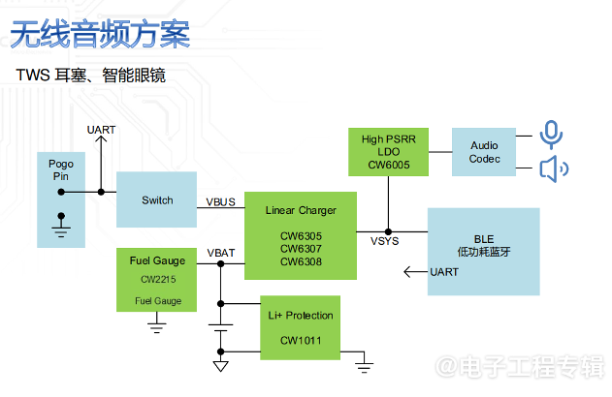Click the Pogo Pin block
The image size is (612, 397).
[61, 174]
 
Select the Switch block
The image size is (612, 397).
[156, 200]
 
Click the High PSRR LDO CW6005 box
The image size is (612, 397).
[388, 152]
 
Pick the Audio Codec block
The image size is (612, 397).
[484, 152]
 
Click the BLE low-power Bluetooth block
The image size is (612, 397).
[483, 250]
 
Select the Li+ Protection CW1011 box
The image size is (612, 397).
[300, 327]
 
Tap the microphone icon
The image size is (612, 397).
[551, 134]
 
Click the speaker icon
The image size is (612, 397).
[554, 170]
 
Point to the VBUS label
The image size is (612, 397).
[220, 201]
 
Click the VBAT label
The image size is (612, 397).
[220, 254]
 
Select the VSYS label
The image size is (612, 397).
[385, 239]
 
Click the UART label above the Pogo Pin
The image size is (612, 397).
[101, 130]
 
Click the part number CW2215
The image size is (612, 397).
[156, 279]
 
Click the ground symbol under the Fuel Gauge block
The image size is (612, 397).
[156, 327]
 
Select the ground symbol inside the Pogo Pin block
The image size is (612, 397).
[61, 229]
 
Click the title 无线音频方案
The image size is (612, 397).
[100, 36]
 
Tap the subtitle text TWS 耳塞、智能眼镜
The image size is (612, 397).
[90, 76]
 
